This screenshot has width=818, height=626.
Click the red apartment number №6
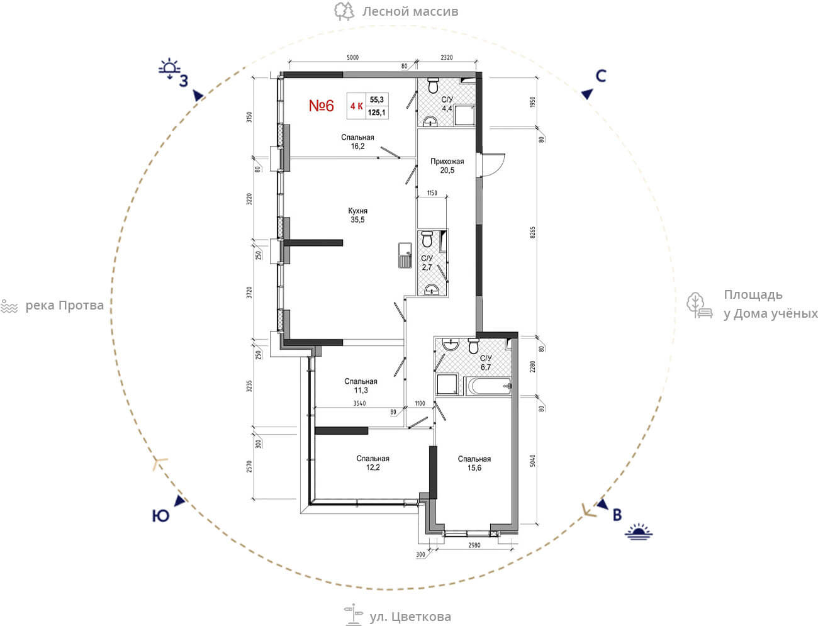tap(322, 106)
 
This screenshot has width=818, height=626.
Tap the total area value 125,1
tap(377, 113)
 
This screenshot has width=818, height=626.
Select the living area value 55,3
tap(377, 99)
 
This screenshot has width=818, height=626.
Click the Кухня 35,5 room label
tap(357, 215)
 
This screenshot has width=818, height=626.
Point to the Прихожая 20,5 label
tap(447, 166)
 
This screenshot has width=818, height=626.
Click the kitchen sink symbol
tap(405, 255)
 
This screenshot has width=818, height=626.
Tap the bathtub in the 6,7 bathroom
tap(488, 386)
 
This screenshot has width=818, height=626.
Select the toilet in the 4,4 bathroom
tap(433, 86)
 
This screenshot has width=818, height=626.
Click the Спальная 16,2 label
tap(357, 142)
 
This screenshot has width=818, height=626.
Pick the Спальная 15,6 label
tap(474, 463)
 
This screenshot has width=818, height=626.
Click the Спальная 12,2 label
tap(373, 463)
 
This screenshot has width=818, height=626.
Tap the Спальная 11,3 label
tap(361, 386)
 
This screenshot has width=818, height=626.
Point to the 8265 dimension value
tap(532, 233)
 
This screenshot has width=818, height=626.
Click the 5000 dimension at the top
tap(352, 57)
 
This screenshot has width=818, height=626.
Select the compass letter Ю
tap(160, 516)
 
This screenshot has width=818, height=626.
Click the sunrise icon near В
tap(639, 532)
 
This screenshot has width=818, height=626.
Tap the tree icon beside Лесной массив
tap(344, 11)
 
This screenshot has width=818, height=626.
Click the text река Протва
tap(64, 306)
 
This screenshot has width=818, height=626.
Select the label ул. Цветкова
tap(410, 617)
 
